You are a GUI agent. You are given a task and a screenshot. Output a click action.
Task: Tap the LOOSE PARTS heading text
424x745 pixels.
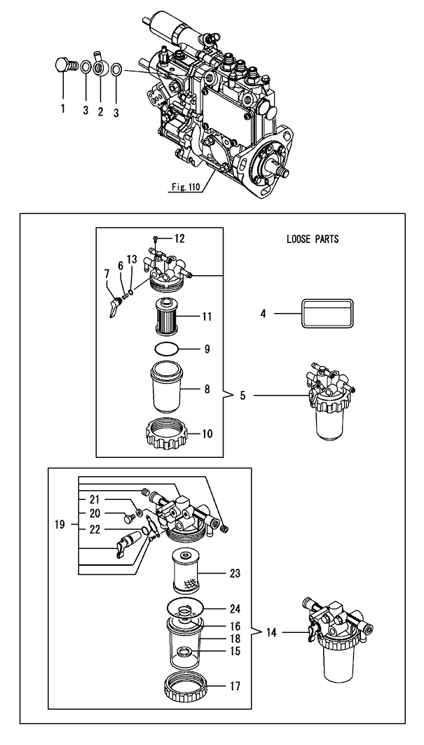tap(313, 239)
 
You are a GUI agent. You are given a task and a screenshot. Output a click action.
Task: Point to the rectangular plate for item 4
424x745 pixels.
tap(327, 313)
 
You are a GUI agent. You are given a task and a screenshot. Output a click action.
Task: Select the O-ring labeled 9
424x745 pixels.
tap(167, 349)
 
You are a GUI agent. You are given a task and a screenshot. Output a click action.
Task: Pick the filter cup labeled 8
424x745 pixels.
tap(166, 387)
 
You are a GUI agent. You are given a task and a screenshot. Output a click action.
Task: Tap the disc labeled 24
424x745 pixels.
tap(186, 608)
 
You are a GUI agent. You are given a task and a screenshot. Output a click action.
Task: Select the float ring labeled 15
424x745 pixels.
tap(184, 651)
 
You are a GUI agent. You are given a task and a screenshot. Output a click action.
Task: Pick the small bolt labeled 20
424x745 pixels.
tap(128, 518)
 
